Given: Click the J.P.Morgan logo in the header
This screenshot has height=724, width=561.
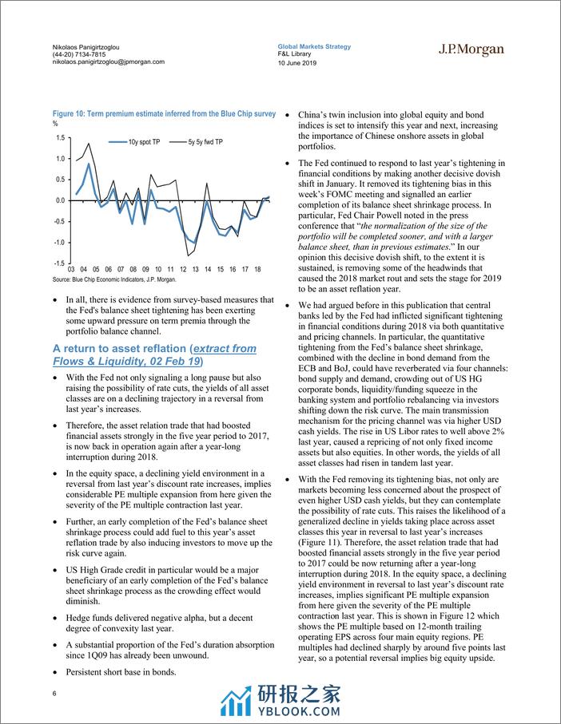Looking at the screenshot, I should click(471, 49).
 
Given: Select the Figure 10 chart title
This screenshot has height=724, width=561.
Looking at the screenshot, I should click(164, 115).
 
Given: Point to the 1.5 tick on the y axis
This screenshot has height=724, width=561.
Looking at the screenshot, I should click(60, 138).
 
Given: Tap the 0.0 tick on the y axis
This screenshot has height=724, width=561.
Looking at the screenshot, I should click(60, 200).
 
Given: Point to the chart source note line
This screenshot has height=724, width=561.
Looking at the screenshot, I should click(114, 280).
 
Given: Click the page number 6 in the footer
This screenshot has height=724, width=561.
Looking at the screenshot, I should click(54, 693).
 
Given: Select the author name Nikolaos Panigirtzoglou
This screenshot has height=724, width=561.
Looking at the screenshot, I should click(92, 47).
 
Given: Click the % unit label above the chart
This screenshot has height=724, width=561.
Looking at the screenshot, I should click(55, 124).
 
